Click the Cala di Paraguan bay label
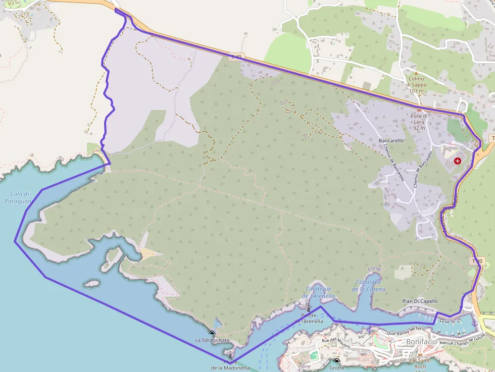pyautogui.click(x=18, y=197)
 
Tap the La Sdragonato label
pyautogui.click(x=212, y=340)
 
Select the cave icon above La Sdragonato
pyautogui.click(x=212, y=333)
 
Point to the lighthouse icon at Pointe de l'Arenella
pyautogui.click(x=308, y=307)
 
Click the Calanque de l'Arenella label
pyautogui.click(x=319, y=293)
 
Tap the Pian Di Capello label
pyautogui.click(x=420, y=301)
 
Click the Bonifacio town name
pyautogui.click(x=421, y=342)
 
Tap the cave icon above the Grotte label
pyautogui.click(x=337, y=361)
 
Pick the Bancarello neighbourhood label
pyautogui.click(x=391, y=140)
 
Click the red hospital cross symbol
pyautogui.click(x=458, y=161)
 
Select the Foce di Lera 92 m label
pyautogui.click(x=419, y=122)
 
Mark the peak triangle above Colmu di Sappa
pyautogui.click(x=416, y=73)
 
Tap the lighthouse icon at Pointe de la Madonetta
pyautogui.click(x=230, y=355)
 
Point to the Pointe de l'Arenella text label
pyautogui.click(x=312, y=318)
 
